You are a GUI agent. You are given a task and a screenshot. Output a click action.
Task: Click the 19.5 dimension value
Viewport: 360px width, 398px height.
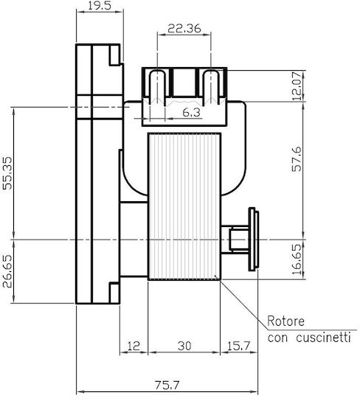click(100, 6)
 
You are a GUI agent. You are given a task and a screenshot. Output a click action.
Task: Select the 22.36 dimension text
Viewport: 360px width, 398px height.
click(184, 29)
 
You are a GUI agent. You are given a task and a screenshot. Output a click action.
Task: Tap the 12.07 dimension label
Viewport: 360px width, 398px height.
click(297, 86)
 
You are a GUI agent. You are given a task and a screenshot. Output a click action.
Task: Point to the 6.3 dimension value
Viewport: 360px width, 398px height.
click(191, 113)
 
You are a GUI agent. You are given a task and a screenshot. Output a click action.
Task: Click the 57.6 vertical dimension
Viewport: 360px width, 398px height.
click(297, 159)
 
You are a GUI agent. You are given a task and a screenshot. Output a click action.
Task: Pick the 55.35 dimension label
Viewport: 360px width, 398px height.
click(7, 173)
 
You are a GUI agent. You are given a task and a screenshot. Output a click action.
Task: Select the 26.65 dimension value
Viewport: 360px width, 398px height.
click(7, 271)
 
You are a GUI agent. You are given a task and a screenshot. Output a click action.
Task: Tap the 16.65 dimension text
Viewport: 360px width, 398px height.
click(297, 259)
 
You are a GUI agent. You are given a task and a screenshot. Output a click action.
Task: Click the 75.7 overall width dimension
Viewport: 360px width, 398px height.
click(167, 385)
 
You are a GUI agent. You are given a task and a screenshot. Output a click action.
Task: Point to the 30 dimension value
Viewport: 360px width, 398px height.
click(184, 346)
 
